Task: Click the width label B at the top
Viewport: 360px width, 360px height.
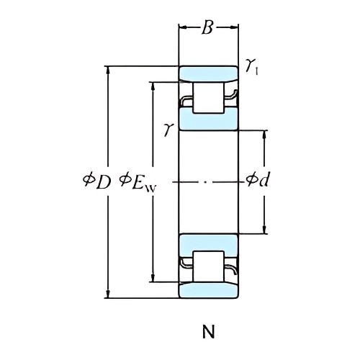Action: (x=208, y=27)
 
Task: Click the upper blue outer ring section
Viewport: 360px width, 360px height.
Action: (x=208, y=73)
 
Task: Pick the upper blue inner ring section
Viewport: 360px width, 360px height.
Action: (x=208, y=120)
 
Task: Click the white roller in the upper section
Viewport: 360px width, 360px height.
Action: (x=208, y=97)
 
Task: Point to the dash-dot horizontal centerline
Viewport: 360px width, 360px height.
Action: (x=208, y=181)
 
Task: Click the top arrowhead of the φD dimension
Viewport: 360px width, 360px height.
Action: (x=109, y=70)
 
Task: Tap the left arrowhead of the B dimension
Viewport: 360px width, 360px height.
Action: (x=181, y=27)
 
